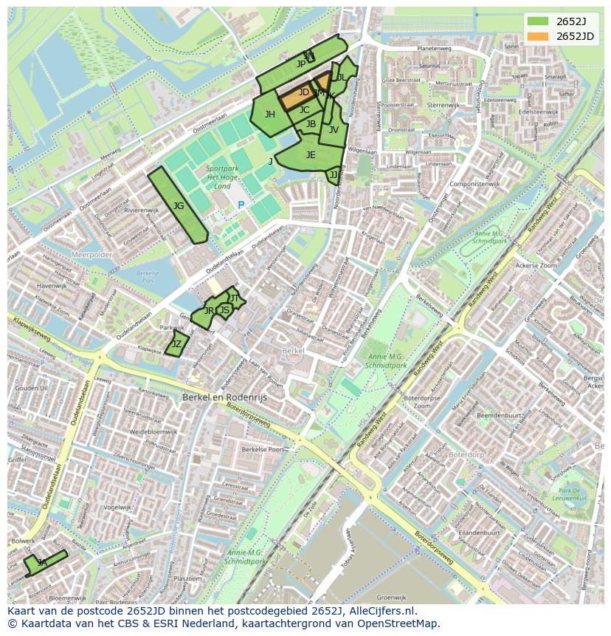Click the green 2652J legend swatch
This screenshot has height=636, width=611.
[x=538, y=21]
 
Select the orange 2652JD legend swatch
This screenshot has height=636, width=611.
[x=538, y=36]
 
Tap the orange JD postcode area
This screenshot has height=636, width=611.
[x=303, y=93]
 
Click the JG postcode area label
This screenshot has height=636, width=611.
[x=179, y=206]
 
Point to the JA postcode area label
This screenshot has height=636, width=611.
[x=42, y=563]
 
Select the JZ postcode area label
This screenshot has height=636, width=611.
[x=176, y=344]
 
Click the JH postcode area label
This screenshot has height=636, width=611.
[x=270, y=114]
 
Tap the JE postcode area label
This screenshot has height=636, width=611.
[x=311, y=155]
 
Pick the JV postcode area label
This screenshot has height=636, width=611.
[x=334, y=130]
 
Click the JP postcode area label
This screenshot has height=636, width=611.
[x=300, y=64]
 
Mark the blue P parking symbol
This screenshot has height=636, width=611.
[x=241, y=205]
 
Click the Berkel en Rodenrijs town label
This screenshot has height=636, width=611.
[x=224, y=397]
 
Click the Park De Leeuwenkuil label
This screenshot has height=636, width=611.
[x=572, y=495]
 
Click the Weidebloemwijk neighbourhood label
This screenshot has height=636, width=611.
[x=153, y=431]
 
